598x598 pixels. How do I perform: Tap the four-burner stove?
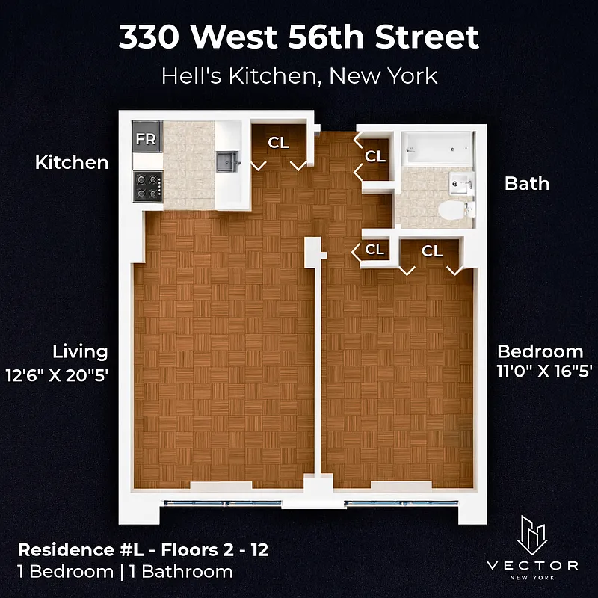pos(148,186)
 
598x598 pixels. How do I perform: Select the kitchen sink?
pos(226,161)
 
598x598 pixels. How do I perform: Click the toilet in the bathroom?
pos(451,211)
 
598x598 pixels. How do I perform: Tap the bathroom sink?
pos(460,181)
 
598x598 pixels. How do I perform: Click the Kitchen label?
pos(72,162)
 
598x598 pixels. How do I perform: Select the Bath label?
pos(527,183)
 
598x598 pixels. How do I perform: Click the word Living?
pos(80,351)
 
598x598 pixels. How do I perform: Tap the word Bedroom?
pos(540,351)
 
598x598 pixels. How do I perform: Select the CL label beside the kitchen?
pos(279,143)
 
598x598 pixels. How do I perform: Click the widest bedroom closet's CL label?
pos(432,251)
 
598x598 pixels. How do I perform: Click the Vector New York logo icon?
pos(531,533)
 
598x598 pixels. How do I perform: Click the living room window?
pos(222,502)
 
